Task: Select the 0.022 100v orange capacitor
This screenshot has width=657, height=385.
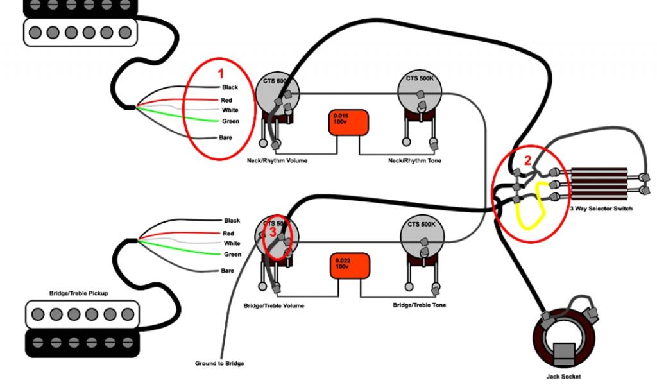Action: point(351,266)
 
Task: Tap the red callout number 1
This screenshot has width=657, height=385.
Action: point(221,73)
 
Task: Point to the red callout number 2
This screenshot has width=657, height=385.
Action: point(528,161)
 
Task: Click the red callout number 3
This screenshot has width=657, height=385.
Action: point(272,232)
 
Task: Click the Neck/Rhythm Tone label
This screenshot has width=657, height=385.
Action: point(414,160)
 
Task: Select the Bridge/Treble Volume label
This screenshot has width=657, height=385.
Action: point(275,306)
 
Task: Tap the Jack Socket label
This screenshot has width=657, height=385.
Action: point(565,377)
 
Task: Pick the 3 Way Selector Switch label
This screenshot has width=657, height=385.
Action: point(601,209)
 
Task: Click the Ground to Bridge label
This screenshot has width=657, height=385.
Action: point(219,364)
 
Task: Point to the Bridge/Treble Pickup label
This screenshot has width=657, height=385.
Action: point(78,293)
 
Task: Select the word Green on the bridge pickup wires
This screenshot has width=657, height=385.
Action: point(232,255)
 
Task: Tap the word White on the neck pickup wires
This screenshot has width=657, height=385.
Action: point(230,110)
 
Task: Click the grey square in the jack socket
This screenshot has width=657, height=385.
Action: point(564,354)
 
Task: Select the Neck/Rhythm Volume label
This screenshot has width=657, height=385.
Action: point(277,160)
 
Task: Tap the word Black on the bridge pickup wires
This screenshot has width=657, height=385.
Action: point(232,221)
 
